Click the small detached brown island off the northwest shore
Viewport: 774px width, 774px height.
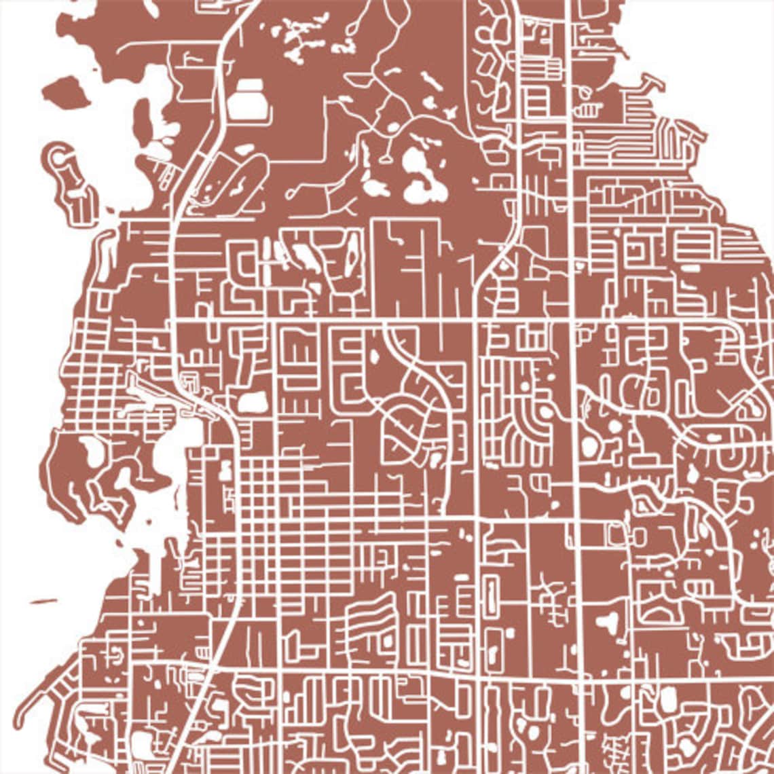66,91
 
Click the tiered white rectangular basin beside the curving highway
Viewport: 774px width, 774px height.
248,99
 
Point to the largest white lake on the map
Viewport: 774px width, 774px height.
421,177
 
